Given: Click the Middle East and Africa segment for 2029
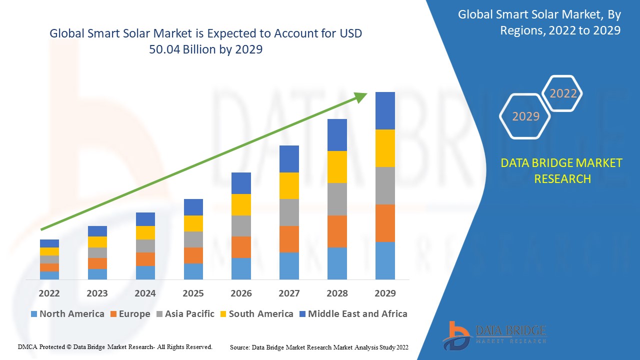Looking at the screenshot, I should [x=385, y=110].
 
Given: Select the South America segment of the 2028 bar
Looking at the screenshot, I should [x=337, y=166].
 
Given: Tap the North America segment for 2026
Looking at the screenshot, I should [x=241, y=268].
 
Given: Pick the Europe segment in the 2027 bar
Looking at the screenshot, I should [x=289, y=239].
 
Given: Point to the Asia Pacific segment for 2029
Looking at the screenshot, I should [x=385, y=185].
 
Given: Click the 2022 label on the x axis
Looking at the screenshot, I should [x=49, y=293].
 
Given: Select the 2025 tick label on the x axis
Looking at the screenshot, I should [x=193, y=293].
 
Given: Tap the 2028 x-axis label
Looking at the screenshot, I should [x=337, y=293].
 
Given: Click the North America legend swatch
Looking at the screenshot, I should [x=34, y=314].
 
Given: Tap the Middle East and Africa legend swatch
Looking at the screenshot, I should [x=302, y=314].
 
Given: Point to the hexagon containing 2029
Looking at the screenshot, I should [x=525, y=116].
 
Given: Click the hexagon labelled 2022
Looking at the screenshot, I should [x=563, y=93].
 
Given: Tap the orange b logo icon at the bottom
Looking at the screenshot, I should [x=456, y=334].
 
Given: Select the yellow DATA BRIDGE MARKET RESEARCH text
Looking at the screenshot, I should [x=562, y=170].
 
